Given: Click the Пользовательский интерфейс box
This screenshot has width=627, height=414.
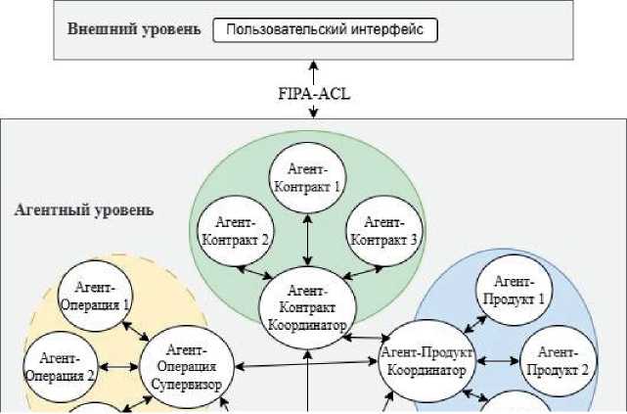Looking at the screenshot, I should click(325, 29).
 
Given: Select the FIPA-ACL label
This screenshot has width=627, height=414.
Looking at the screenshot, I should click(314, 95).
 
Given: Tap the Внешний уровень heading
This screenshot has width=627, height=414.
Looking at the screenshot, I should click(134, 28).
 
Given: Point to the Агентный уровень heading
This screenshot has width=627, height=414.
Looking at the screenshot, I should click(84, 209).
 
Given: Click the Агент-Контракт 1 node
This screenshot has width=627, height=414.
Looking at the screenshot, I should click(308, 177).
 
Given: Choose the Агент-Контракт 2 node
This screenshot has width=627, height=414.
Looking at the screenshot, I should click(235, 232).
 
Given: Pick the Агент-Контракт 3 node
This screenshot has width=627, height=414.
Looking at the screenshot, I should click(384, 232).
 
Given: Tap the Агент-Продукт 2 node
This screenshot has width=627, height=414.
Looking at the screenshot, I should click(558, 361).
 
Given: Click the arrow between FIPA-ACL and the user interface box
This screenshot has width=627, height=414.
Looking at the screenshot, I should click(314, 73).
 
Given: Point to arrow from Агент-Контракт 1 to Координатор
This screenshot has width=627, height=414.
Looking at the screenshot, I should click(308, 239).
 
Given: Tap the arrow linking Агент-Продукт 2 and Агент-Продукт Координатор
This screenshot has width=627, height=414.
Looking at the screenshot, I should click(497, 361).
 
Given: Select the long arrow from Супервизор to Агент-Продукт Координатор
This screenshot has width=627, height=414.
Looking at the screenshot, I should click(304, 365).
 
